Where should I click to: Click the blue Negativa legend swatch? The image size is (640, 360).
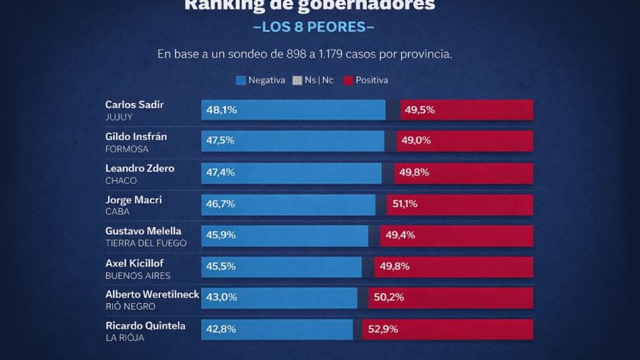(x=240, y=80)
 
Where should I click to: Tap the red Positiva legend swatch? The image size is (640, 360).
(x=348, y=80)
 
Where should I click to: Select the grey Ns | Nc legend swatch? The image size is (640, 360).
(x=297, y=80)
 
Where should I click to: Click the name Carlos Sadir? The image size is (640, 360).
(x=134, y=105)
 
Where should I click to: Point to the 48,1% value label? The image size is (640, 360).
(x=221, y=110)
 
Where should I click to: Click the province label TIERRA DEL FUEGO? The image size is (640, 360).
(x=146, y=243)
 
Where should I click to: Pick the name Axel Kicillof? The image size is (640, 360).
(x=134, y=263)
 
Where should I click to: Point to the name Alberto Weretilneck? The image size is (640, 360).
(x=152, y=295)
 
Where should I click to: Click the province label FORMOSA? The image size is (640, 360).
(x=127, y=149)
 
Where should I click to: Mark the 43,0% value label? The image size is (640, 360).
(x=220, y=298)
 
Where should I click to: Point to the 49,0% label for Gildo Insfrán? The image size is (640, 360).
(x=416, y=141)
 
